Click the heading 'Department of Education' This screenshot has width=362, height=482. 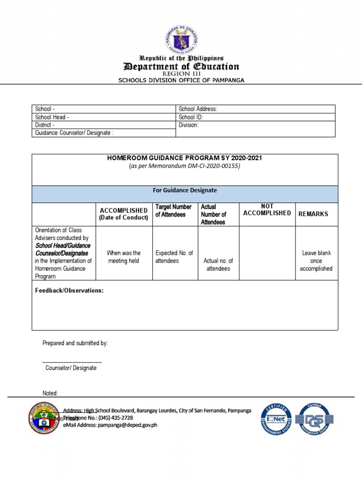[x=181, y=66]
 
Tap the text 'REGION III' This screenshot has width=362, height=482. [x=181, y=74]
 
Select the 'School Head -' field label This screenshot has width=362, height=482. [x=52, y=117]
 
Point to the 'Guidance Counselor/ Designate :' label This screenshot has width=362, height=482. [x=74, y=133]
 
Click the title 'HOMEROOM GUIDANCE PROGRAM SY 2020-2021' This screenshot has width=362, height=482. [x=185, y=158]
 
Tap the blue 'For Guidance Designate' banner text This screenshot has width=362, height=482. [x=185, y=190]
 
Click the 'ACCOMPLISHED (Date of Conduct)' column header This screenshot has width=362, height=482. [x=123, y=214]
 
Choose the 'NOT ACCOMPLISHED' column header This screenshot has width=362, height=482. [x=267, y=210]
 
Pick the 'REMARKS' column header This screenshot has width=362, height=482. [x=313, y=214]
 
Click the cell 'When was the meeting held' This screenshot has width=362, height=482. [x=123, y=257]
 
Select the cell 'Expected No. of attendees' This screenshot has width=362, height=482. [x=174, y=257]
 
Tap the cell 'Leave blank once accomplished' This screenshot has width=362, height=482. [x=316, y=261]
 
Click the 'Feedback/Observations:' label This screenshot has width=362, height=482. [x=69, y=291]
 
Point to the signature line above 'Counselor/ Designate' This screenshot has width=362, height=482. [x=72, y=361]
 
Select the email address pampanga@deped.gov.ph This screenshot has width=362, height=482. [x=127, y=425]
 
